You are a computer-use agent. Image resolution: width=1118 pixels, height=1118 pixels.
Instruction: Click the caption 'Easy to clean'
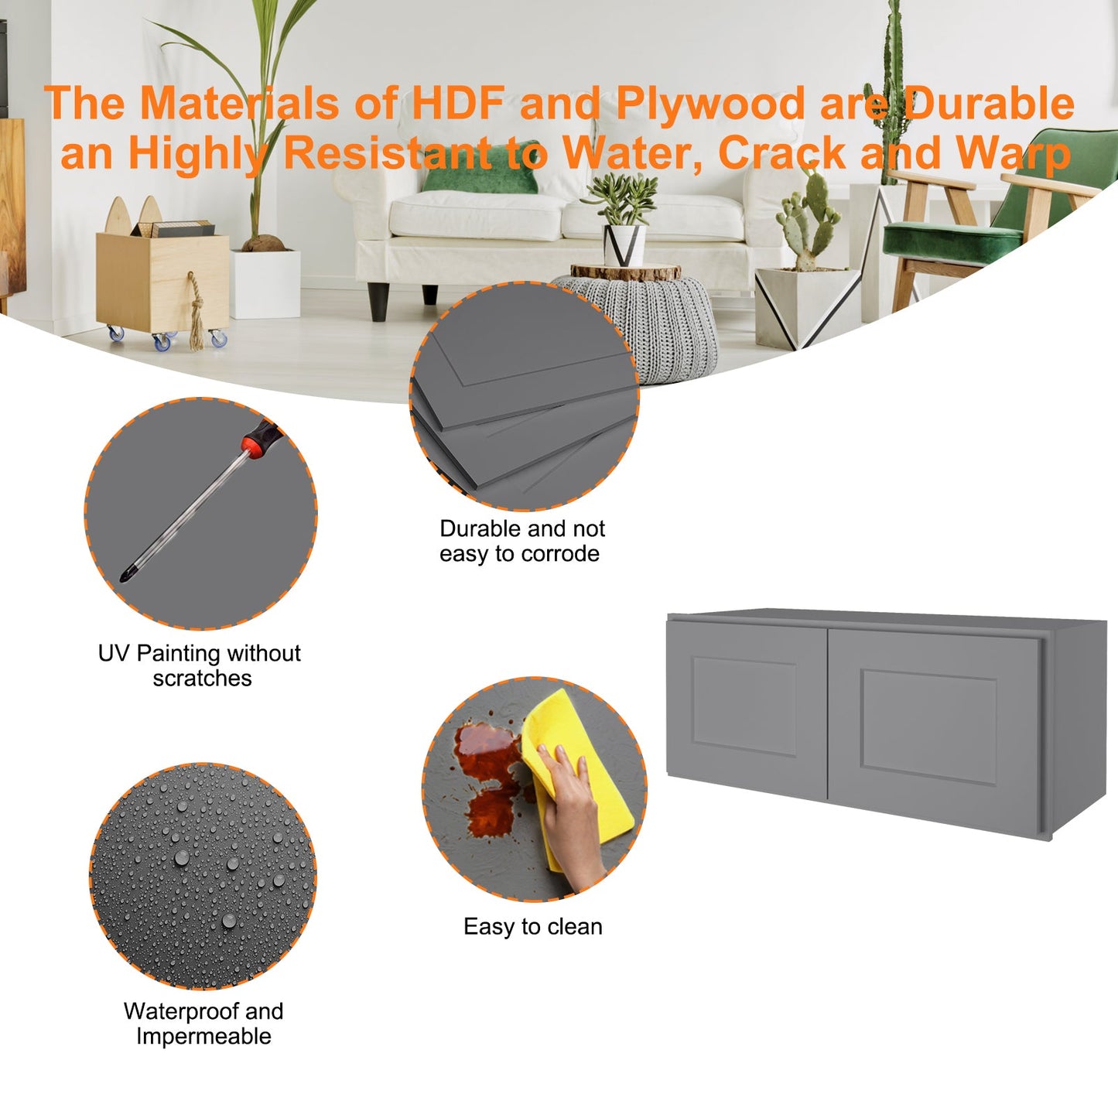click(532, 927)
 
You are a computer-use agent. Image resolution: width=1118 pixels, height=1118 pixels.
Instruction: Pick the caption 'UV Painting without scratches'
click(200, 665)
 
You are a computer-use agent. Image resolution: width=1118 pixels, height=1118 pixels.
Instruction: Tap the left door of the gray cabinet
click(747, 709)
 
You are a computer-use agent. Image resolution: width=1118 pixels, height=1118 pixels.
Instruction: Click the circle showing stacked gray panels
click(524, 395)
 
